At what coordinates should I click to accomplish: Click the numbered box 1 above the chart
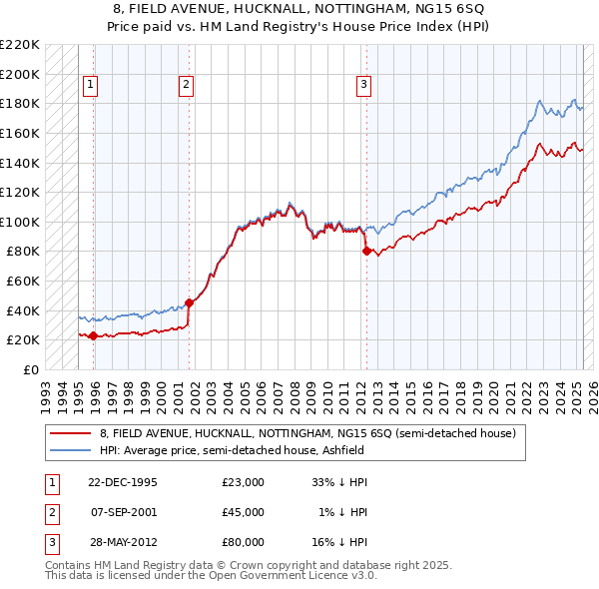pos(90,86)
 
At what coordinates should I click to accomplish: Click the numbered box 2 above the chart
pos(186,86)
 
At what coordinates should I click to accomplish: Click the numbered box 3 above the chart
pos(363,86)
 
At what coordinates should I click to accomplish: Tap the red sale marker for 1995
pos(93,335)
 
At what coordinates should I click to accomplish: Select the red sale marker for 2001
pos(189,302)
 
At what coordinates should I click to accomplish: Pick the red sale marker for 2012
pos(366,252)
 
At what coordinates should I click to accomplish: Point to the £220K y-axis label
pos(20,45)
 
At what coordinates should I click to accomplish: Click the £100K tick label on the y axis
pos(20,222)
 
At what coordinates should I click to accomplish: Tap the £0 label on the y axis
pos(31,369)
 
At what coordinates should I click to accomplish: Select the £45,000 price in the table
pos(244,512)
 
